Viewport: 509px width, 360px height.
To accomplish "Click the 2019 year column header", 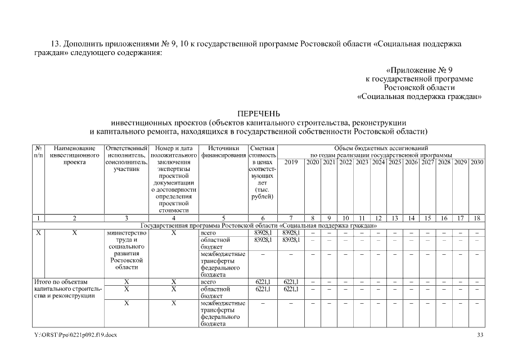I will (291, 163).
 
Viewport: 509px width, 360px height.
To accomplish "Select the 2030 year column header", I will (477, 163).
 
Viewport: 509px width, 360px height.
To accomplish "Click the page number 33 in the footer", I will (480, 335).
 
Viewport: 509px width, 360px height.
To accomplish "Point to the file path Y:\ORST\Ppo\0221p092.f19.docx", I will (76, 335).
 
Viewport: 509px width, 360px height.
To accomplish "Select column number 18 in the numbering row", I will (477, 218).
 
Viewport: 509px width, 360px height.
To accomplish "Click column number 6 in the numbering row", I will (262, 218).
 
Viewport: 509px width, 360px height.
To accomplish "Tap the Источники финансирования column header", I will (223, 151).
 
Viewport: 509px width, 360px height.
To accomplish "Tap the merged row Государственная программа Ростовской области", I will (258, 225).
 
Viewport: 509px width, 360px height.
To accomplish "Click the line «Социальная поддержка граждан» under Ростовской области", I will (420, 96).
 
